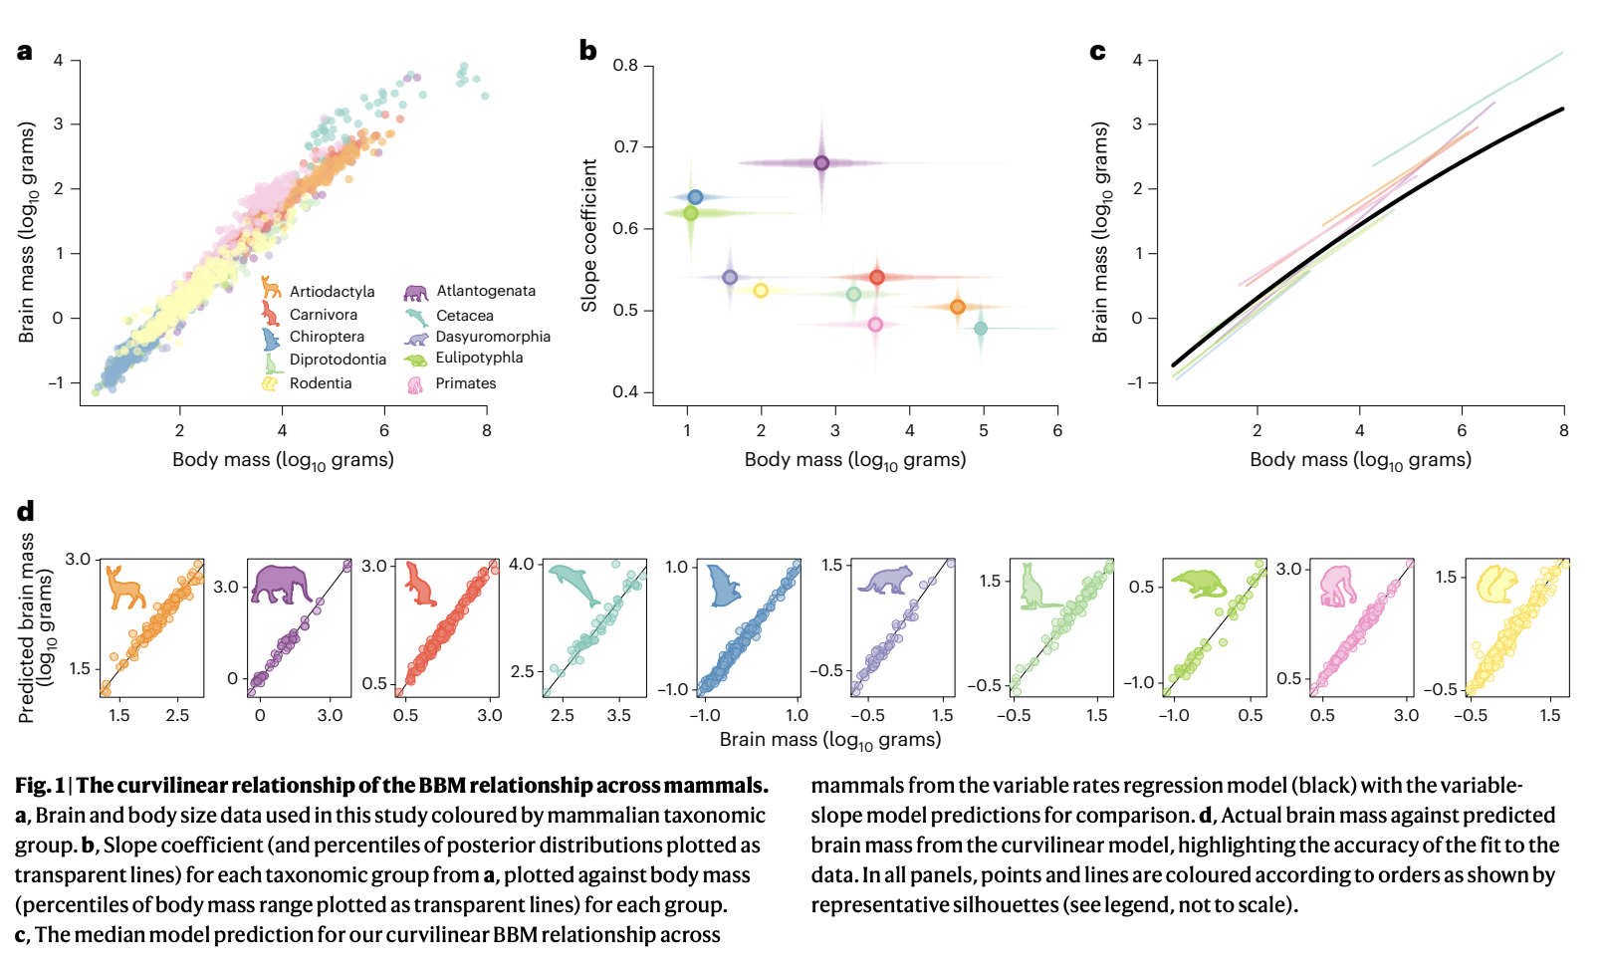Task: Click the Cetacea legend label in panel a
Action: [x=465, y=316]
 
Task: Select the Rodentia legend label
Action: [x=321, y=383]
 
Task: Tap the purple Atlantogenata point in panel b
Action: [x=821, y=163]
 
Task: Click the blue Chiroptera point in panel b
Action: [x=695, y=197]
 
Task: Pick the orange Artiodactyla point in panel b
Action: [x=957, y=307]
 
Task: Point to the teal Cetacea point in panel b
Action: [x=981, y=329]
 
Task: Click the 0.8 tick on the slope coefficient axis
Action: [x=625, y=66]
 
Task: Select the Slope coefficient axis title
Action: [x=589, y=235]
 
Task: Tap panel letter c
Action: [x=1097, y=52]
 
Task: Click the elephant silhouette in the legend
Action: [x=415, y=292]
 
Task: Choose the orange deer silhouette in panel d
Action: [x=125, y=587]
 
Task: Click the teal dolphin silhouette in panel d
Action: [x=573, y=584]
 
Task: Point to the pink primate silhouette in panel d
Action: [x=1337, y=586]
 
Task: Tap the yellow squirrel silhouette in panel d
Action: [x=1495, y=584]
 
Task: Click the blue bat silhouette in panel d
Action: [x=724, y=585]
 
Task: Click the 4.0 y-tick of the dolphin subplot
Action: [x=522, y=565]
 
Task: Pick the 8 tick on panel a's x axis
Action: [x=487, y=430]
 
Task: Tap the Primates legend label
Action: [x=465, y=383]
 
